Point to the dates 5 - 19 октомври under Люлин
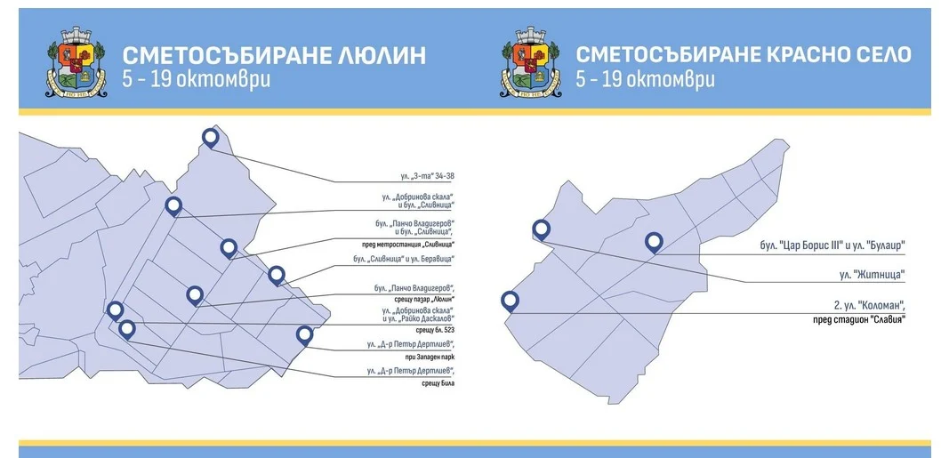click(197, 79)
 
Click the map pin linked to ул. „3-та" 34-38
click(211, 138)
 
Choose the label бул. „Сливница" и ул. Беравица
click(405, 260)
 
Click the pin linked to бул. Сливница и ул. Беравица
click(277, 276)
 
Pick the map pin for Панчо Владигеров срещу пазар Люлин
click(195, 295)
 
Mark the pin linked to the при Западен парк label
click(115, 310)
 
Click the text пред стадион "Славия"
click(857, 318)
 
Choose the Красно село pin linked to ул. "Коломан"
click(510, 301)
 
